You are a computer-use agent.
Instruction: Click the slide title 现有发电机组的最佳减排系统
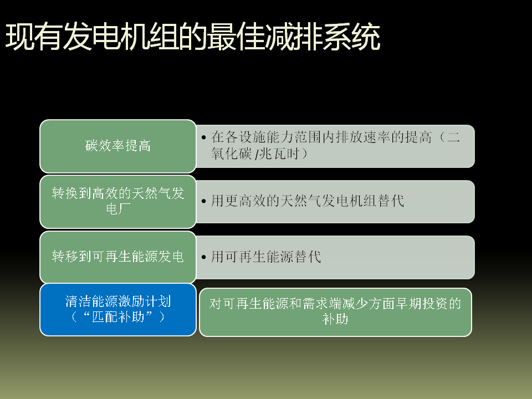click(x=193, y=37)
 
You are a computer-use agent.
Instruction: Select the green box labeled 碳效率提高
click(x=117, y=146)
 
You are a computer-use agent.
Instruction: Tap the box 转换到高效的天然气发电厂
click(x=117, y=202)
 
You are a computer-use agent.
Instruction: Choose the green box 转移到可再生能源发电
click(x=117, y=257)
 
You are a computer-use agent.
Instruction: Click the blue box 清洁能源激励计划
click(x=117, y=309)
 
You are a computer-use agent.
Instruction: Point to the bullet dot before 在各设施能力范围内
click(x=203, y=137)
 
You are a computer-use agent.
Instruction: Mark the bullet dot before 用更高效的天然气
click(x=203, y=201)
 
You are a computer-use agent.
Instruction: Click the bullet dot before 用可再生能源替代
click(x=203, y=257)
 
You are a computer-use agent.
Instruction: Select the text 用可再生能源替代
click(x=266, y=257)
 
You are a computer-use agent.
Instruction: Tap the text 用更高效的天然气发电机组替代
click(x=308, y=201)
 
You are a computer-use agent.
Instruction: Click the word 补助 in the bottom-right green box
click(x=335, y=319)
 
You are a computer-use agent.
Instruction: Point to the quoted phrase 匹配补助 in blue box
click(x=118, y=317)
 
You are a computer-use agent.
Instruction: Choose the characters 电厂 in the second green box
click(x=117, y=209)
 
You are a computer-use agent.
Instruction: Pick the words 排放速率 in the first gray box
click(x=363, y=137)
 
